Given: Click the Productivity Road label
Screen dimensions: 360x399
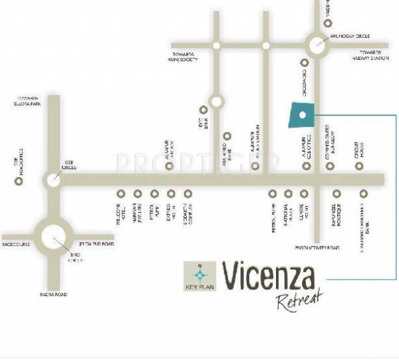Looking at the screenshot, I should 317,247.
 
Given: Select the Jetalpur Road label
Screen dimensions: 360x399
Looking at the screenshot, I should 96,244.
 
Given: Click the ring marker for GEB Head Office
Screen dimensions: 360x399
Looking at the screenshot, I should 18,179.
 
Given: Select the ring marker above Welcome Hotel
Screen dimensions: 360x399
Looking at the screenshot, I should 121,194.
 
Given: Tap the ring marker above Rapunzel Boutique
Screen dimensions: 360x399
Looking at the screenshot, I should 336,194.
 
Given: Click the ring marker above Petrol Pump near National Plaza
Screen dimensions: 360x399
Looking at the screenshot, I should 272,194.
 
